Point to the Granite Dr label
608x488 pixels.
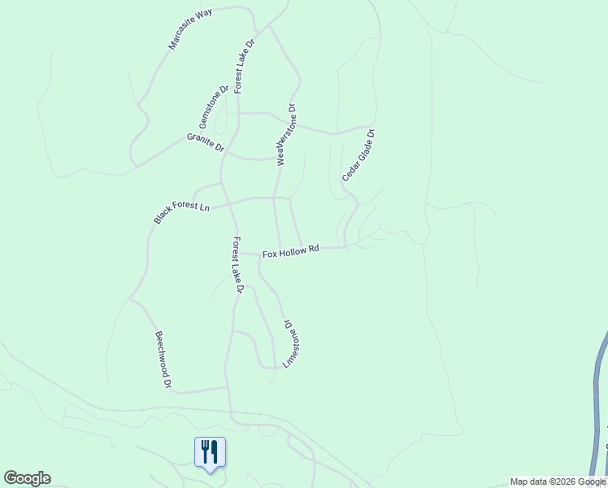coord(205,142)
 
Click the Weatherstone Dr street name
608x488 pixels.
coord(286,134)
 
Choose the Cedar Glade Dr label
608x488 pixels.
coord(358,155)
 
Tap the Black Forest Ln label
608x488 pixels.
coord(182,211)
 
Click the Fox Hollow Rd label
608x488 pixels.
coord(290,252)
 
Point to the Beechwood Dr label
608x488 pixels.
coord(163,359)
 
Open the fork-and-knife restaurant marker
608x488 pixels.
coord(210,451)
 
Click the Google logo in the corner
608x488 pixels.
coord(27,478)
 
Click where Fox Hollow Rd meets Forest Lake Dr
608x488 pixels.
coord(237,253)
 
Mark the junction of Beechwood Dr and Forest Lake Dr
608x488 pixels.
coord(228,388)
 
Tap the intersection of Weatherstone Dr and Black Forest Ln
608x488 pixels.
coord(275,198)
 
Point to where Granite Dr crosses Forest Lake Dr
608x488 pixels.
coord(226,150)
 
